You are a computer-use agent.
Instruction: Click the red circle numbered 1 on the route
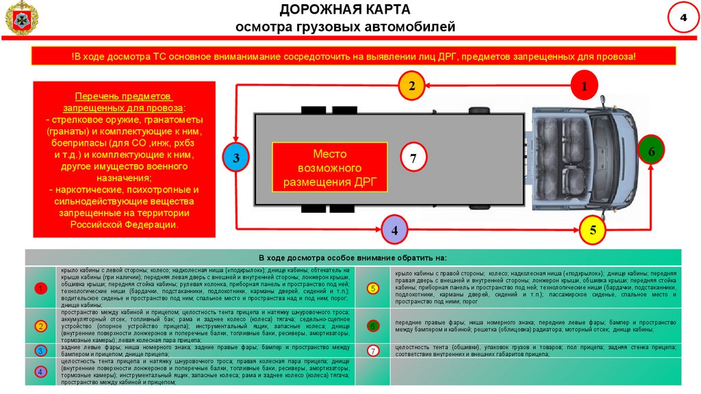[x=585, y=86]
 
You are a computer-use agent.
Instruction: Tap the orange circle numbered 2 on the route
[x=412, y=86]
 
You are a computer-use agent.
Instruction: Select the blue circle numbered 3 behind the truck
[x=235, y=158]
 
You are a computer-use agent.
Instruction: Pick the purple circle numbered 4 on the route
[x=394, y=231]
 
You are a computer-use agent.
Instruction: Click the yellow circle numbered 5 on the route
[x=593, y=231]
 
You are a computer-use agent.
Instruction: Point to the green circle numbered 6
[x=651, y=150]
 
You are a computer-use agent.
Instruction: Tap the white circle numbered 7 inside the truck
[x=413, y=158]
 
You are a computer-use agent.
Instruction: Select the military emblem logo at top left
[x=21, y=18]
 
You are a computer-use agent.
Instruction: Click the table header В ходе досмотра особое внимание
[x=352, y=257]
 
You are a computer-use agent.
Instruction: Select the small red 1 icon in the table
[x=41, y=289]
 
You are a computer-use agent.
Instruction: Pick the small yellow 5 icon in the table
[x=373, y=288]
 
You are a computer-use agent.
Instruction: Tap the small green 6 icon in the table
[x=373, y=326]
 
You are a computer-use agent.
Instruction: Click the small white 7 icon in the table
[x=373, y=351]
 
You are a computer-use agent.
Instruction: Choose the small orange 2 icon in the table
[x=41, y=326]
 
